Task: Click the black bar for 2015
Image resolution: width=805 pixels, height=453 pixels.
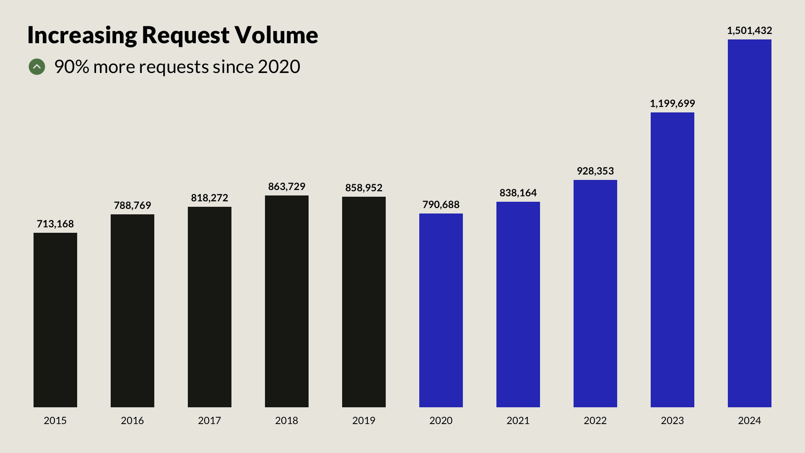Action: tap(55, 320)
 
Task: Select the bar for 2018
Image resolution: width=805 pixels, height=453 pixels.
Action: tap(287, 301)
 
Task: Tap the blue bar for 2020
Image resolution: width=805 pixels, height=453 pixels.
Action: tap(441, 310)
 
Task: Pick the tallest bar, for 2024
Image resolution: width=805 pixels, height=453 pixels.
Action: tap(750, 223)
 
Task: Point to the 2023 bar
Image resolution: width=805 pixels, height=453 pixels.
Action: tap(673, 260)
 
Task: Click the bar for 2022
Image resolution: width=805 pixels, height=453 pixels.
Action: tap(595, 294)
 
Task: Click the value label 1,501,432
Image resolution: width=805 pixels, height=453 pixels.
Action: tap(749, 31)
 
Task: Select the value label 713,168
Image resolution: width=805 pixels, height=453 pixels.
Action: tap(55, 224)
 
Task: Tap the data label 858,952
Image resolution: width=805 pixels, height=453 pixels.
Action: tap(364, 188)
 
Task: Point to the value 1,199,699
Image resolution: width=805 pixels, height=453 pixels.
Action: tap(672, 104)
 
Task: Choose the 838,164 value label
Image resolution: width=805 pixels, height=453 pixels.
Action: tap(518, 193)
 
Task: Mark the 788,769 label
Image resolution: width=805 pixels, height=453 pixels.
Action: tap(132, 206)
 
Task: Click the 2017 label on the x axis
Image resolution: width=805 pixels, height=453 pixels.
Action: tap(210, 421)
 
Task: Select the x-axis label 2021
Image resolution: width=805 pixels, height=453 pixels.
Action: tap(518, 421)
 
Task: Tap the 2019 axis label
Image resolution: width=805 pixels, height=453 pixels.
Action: tap(364, 421)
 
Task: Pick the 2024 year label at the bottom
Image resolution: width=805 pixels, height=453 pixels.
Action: tap(750, 421)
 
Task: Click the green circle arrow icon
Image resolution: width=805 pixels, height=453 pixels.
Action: tap(37, 67)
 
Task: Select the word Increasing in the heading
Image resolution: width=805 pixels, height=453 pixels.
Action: tap(82, 35)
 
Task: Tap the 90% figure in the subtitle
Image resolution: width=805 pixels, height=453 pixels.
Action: tap(72, 67)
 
